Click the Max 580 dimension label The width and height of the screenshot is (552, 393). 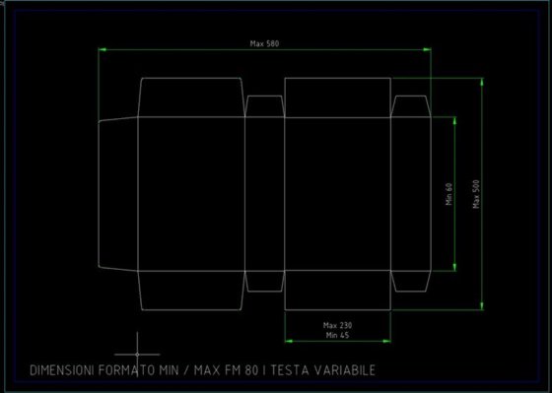coord(264,43)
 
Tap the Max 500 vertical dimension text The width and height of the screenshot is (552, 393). coord(476,194)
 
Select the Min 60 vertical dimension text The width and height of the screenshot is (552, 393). coord(448,194)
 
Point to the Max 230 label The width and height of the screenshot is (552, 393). coord(337,325)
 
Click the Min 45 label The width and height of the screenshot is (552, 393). coord(337,335)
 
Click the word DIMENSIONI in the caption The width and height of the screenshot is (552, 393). coord(62,370)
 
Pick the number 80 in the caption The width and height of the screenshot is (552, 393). coord(252,370)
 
